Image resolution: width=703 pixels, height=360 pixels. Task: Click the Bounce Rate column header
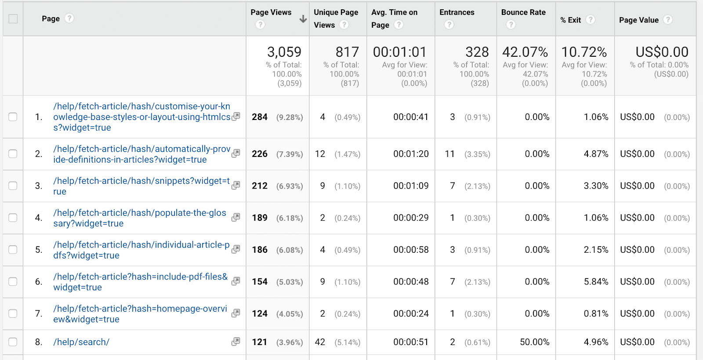pyautogui.click(x=523, y=12)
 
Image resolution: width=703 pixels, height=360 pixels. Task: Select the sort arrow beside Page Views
pyautogui.click(x=303, y=19)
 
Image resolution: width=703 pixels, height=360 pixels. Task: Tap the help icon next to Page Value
pyautogui.click(x=668, y=19)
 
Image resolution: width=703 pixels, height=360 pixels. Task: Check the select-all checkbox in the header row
pyautogui.click(x=13, y=19)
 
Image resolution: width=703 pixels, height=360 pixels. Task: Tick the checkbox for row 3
pyautogui.click(x=13, y=185)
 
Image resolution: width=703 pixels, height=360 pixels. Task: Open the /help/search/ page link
pyautogui.click(x=81, y=342)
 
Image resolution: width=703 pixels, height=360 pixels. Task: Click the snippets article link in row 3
pyautogui.click(x=141, y=186)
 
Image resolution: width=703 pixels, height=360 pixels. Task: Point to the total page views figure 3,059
pyautogui.click(x=284, y=52)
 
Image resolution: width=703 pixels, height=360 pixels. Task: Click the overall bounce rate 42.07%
pyautogui.click(x=525, y=52)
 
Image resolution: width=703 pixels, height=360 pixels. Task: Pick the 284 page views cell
pyautogui.click(x=260, y=117)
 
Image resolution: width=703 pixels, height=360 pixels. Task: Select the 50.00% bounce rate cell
pyautogui.click(x=534, y=342)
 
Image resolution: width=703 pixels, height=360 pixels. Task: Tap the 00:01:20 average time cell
pyautogui.click(x=411, y=154)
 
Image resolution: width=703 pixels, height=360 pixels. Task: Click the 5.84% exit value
pyautogui.click(x=596, y=282)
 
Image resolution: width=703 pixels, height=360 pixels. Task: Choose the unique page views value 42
pyautogui.click(x=320, y=342)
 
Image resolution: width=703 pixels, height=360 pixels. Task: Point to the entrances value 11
pyautogui.click(x=449, y=154)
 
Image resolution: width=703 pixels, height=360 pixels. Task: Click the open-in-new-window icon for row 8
pyautogui.click(x=236, y=342)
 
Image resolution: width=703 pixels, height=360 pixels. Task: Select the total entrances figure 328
pyautogui.click(x=477, y=52)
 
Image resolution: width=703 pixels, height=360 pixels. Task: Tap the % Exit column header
pyautogui.click(x=570, y=20)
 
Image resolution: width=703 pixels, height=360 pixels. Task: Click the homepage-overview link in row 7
pyautogui.click(x=140, y=314)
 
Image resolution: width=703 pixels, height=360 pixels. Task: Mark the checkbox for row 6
pyautogui.click(x=13, y=281)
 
